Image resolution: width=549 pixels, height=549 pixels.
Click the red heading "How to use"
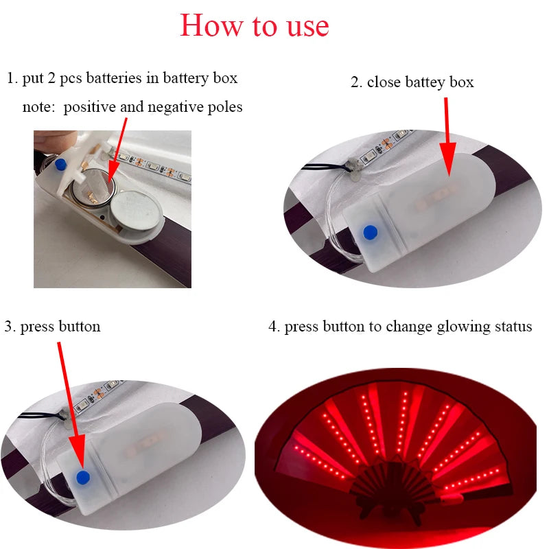click(x=255, y=25)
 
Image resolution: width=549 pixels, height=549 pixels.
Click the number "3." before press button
click(x=10, y=327)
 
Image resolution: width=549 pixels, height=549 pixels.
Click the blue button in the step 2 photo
click(x=371, y=232)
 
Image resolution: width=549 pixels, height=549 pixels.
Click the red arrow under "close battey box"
click(x=447, y=130)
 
